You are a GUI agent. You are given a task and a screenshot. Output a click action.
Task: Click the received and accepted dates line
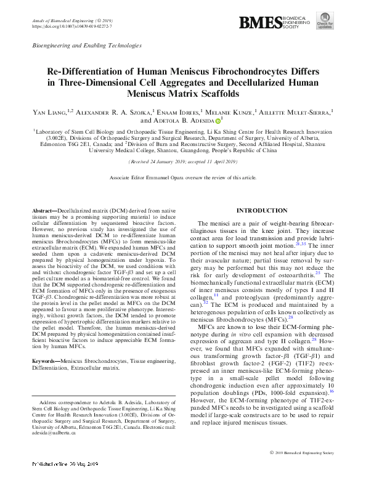tap(183, 161)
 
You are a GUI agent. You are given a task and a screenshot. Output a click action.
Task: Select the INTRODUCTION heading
tap(262, 211)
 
